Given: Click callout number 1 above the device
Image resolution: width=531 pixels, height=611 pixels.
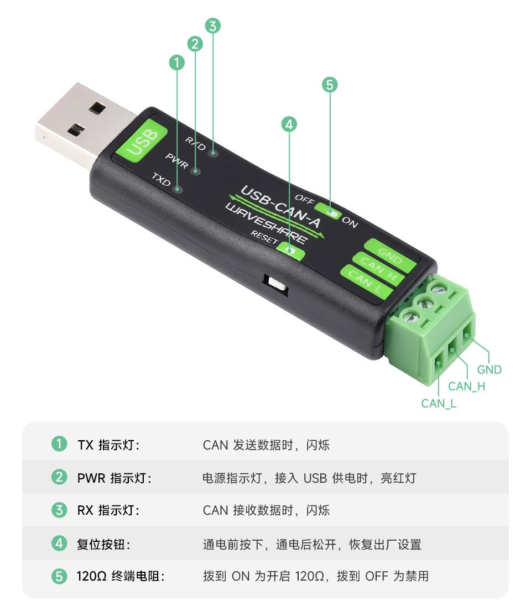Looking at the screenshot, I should coord(176,63).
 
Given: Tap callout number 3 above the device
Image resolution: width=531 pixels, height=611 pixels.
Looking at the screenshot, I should coord(213,25).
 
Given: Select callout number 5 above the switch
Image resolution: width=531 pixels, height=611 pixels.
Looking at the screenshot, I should coord(329,85).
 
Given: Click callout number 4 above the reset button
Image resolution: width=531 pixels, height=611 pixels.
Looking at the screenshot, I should coord(289,124).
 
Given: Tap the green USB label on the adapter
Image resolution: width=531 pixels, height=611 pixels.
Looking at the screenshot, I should coord(142,141).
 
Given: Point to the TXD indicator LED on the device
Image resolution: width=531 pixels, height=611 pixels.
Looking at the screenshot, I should coord(178,190).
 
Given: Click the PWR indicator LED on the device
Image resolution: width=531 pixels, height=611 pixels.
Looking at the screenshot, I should coord(195,171).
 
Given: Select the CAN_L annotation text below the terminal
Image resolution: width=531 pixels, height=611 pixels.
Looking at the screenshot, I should coord(439,403).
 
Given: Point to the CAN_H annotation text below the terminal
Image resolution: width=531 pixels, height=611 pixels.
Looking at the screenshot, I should coord(466,387).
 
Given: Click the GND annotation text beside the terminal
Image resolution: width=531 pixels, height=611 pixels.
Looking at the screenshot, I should coord(489,370).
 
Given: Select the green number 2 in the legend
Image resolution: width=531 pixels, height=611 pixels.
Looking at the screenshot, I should coord(59,477).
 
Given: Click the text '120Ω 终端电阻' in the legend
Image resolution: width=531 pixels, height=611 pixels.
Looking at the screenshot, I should coord(121,576).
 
